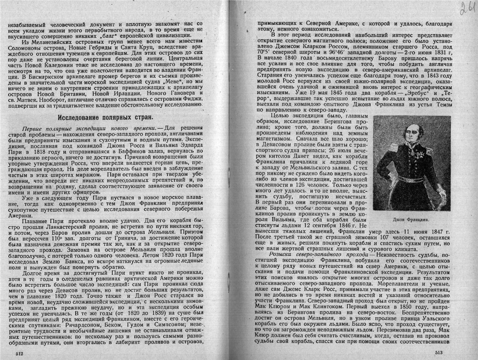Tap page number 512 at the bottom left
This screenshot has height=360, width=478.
point(19,354)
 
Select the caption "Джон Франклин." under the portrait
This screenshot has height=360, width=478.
point(411,219)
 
